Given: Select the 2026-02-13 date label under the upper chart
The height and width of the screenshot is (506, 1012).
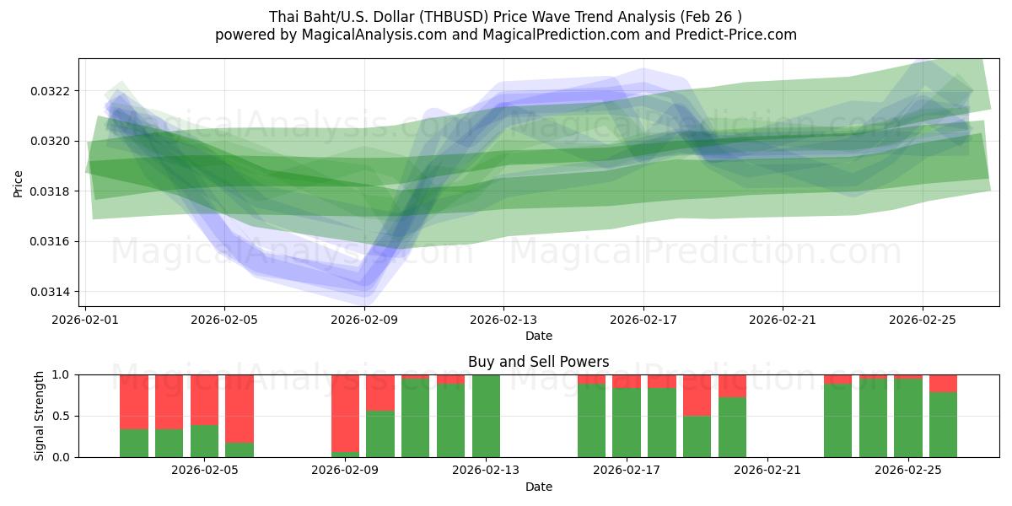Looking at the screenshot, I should coord(503,320).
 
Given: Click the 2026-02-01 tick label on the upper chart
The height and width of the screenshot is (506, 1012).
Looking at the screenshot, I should coord(85,320).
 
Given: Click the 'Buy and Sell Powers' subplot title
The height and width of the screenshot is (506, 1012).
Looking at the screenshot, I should coord(538,362).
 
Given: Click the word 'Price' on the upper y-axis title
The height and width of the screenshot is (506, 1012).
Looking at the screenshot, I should coord(19,183).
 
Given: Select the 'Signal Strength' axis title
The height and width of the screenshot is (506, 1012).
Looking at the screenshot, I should coord(40,416).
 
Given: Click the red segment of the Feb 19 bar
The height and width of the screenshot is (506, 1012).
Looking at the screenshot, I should coord(697,395).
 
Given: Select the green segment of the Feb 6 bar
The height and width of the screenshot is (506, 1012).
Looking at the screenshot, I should coord(240,449).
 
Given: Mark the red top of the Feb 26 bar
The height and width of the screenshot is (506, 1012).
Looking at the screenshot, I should coord(943,383).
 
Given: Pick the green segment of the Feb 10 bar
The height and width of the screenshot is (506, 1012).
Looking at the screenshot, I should coord(380,433).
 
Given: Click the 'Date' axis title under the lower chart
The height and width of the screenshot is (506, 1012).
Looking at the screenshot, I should coord(538,487).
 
